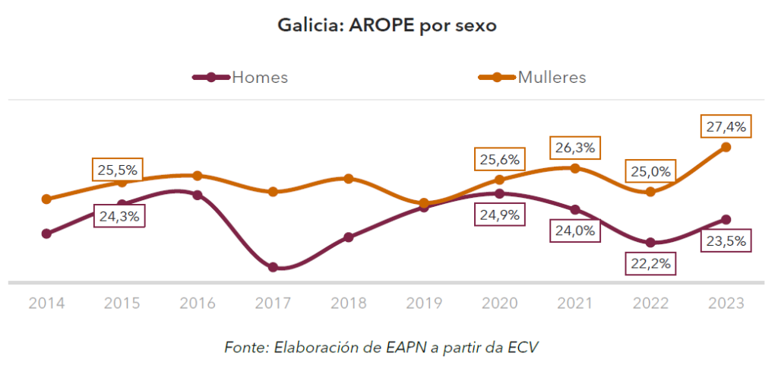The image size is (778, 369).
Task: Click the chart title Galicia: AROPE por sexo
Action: click(387, 27)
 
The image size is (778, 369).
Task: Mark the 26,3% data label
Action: click(574, 148)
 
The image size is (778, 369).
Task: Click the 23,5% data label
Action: click(726, 242)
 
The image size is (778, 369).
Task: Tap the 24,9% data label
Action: click(499, 215)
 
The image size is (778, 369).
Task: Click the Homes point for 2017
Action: click(273, 267)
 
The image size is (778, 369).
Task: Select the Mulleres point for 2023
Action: click(726, 147)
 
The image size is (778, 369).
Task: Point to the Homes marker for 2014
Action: click(46, 234)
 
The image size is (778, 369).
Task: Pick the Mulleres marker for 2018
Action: click(348, 179)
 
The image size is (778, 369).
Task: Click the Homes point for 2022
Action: click(650, 243)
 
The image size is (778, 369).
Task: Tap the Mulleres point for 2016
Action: click(197, 176)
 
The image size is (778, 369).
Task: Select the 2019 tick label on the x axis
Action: click(424, 303)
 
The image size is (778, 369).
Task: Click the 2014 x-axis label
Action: click(46, 303)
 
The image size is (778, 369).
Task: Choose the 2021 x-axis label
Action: click(575, 303)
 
